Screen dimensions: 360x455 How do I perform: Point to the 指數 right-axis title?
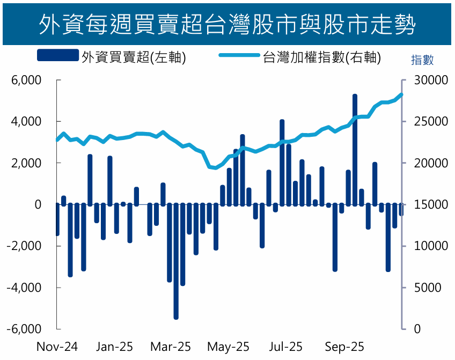click(x=422, y=60)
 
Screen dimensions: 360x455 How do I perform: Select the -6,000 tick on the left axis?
click(x=25, y=329)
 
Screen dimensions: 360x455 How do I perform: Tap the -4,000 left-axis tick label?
click(x=25, y=288)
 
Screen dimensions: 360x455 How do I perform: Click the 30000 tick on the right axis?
click(x=427, y=80)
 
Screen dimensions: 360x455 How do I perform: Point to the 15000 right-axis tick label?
click(x=427, y=205)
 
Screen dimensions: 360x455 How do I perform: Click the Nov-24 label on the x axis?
click(x=57, y=347)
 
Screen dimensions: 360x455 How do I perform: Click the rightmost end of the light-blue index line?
click(x=402, y=95)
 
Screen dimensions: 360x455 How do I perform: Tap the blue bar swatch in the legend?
click(x=58, y=55)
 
